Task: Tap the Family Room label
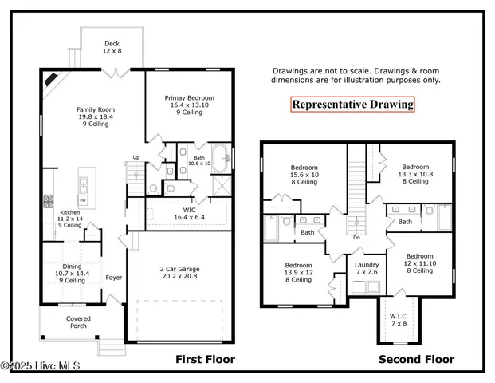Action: pyautogui.click(x=94, y=116)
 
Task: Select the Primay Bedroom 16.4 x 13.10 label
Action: pyautogui.click(x=190, y=104)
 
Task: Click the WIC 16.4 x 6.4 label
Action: pyautogui.click(x=189, y=213)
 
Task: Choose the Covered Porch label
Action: pyautogui.click(x=78, y=322)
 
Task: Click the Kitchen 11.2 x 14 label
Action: pyautogui.click(x=71, y=219)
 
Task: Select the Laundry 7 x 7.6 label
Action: pyautogui.click(x=367, y=268)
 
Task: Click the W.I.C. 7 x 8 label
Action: pyautogui.click(x=399, y=320)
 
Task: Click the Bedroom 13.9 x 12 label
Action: pyautogui.click(x=299, y=272)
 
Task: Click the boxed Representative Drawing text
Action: pyautogui.click(x=352, y=104)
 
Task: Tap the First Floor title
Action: pyautogui.click(x=205, y=360)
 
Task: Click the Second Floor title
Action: pyautogui.click(x=416, y=360)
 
